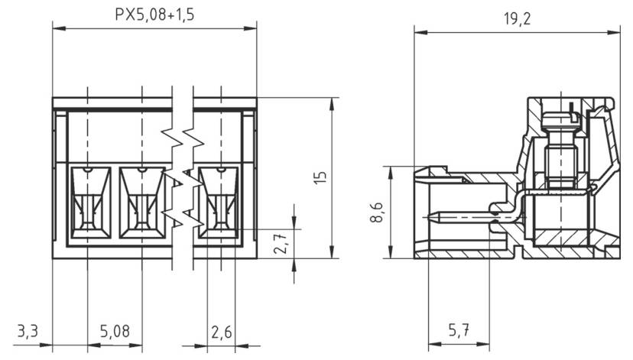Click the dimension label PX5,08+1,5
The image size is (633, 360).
coord(154,15)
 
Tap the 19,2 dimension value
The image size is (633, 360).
coord(517,18)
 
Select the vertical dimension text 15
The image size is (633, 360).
coord(320,177)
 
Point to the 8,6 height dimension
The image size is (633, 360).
coord(377,212)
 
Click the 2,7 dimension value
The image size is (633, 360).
coord(280,242)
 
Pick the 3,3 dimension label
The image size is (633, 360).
coord(28,331)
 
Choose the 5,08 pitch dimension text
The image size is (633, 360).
coord(115,332)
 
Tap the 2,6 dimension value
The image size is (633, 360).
coord(222,332)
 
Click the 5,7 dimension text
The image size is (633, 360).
coord(459,330)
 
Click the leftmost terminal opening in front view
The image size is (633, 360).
coord(91,203)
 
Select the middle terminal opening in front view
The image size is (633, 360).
coord(142,203)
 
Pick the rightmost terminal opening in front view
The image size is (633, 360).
coord(219,203)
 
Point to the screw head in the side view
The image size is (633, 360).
coord(560,119)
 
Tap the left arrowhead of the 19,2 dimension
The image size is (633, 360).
coord(420,32)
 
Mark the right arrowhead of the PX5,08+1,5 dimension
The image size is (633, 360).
coord(250,28)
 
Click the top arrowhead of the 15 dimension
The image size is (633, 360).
coord(332,104)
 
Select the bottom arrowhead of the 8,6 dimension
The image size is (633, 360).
coord(390,251)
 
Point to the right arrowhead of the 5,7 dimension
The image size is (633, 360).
coord(483,344)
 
